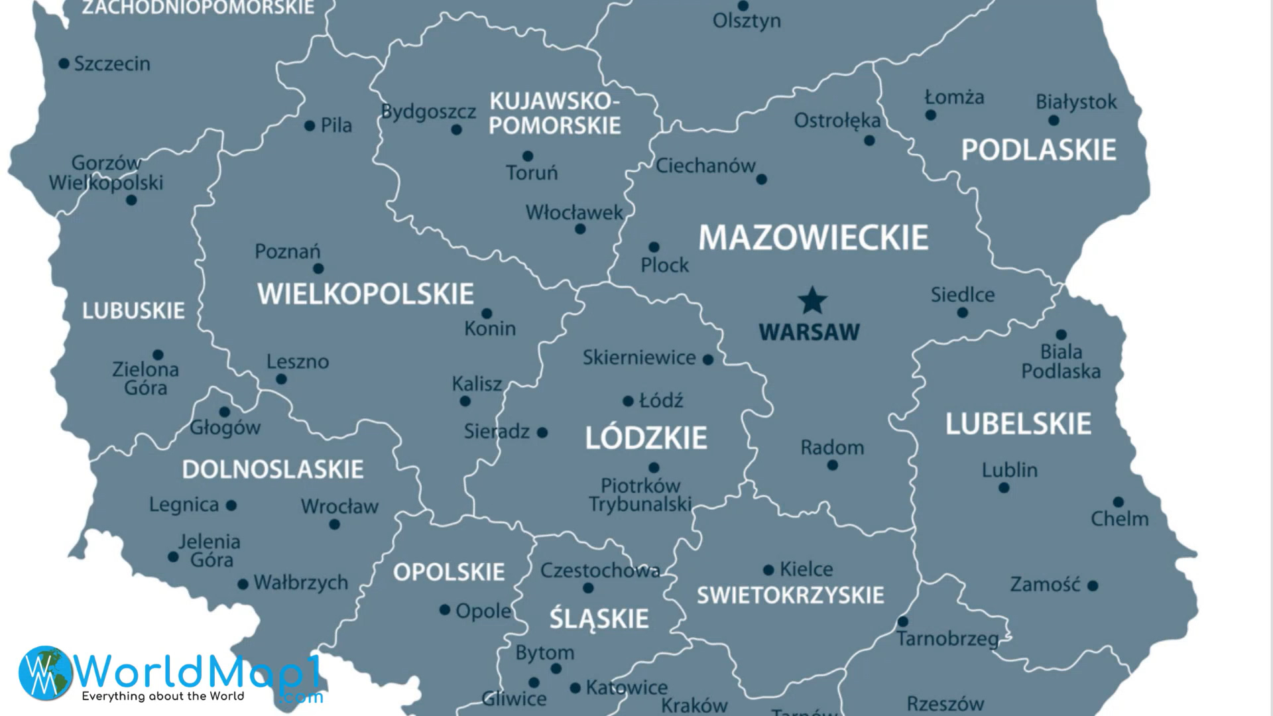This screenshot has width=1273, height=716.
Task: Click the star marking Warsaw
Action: pyautogui.click(x=812, y=301)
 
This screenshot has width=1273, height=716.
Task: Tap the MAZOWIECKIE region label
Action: pyautogui.click(x=814, y=237)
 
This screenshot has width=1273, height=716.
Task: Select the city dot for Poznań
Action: pyautogui.click(x=318, y=268)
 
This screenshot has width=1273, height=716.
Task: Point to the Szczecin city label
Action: pyautogui.click(x=112, y=64)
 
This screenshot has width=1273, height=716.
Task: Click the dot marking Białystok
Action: pyautogui.click(x=1054, y=121)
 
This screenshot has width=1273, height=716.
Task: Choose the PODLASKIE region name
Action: pyautogui.click(x=1039, y=150)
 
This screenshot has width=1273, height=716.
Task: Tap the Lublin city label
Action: pyautogui.click(x=1009, y=470)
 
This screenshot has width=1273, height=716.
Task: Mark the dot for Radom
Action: pyautogui.click(x=833, y=465)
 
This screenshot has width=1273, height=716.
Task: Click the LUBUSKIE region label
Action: pyautogui.click(x=133, y=310)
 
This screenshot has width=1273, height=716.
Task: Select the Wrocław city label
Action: pyautogui.click(x=339, y=507)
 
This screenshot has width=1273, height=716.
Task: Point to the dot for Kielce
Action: pyautogui.click(x=768, y=570)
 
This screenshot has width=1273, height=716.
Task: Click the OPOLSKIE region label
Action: pyautogui.click(x=449, y=572)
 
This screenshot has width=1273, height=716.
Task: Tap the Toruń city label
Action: pyautogui.click(x=532, y=173)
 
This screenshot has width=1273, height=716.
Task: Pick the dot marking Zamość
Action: pyautogui.click(x=1093, y=585)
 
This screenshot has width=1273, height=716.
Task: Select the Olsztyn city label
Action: pyautogui.click(x=747, y=21)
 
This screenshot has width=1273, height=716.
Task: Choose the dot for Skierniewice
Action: pyautogui.click(x=708, y=360)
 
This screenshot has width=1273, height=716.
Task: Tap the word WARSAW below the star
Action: pyautogui.click(x=809, y=332)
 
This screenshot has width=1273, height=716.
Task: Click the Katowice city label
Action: pyautogui.click(x=626, y=687)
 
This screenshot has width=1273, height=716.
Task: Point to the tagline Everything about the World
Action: pyautogui.click(x=163, y=696)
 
